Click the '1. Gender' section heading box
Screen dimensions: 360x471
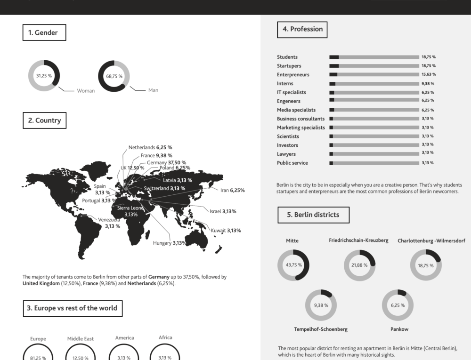[x=44, y=32]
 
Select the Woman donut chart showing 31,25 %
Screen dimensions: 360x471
[x=44, y=75]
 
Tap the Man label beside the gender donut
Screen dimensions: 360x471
[x=153, y=90]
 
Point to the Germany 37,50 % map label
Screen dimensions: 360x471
[x=166, y=162]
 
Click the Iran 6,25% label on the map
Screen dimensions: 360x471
[x=232, y=190]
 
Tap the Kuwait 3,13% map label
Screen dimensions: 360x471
[x=226, y=231]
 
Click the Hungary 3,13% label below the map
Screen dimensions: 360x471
[x=170, y=243]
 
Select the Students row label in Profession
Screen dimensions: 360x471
[x=287, y=57]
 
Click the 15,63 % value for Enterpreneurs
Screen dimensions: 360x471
[x=429, y=74]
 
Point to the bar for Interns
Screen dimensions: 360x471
[x=374, y=84]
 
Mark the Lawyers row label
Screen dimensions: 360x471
[x=286, y=154]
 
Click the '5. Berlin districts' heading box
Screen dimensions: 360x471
[x=313, y=215]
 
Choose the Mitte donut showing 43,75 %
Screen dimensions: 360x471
[x=293, y=264]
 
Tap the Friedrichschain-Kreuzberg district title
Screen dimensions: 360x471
[x=358, y=240]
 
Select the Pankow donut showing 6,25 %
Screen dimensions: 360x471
[x=398, y=305]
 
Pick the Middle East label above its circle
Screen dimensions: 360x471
[x=81, y=338]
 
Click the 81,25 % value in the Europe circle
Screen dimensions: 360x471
[x=38, y=358]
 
